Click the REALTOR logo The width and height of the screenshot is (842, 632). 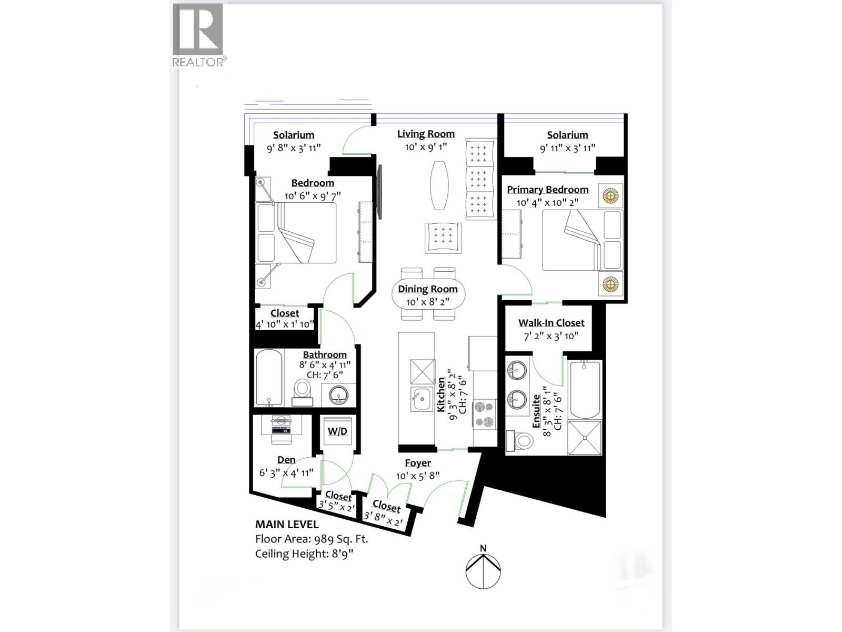[199, 35]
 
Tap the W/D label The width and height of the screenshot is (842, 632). [337, 431]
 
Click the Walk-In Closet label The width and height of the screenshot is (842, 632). [551, 323]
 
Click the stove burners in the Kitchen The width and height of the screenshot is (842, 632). [484, 414]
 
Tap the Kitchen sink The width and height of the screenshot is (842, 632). [422, 399]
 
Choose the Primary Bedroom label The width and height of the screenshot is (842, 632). [547, 190]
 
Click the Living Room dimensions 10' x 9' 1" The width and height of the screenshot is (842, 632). [426, 147]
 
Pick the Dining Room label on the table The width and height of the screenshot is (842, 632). [427, 289]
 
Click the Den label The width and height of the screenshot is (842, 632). [286, 460]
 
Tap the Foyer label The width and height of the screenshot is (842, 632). [418, 463]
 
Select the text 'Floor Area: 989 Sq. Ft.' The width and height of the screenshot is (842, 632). [312, 539]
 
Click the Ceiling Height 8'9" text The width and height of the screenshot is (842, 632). [304, 554]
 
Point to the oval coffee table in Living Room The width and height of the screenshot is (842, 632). [440, 185]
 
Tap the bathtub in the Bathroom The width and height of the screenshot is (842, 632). [269, 377]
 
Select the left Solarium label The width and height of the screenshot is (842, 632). [294, 135]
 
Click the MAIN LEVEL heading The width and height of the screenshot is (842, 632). [287, 525]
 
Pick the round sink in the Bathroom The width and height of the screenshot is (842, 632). [338, 395]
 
